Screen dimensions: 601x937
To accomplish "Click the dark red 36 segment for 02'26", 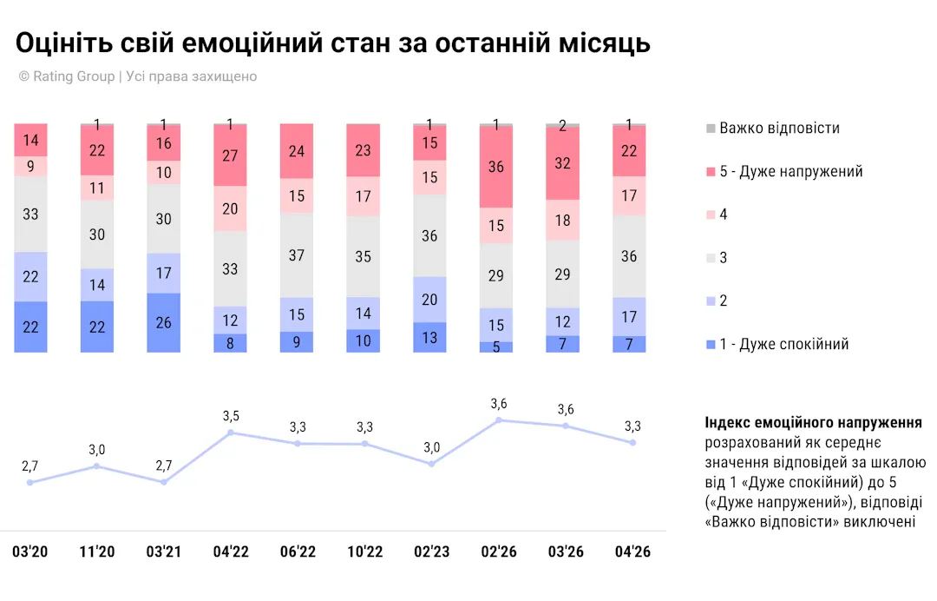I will click(496, 167).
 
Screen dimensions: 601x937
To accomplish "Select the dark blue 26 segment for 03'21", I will click(164, 322).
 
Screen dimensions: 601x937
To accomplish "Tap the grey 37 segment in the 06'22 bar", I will click(297, 254).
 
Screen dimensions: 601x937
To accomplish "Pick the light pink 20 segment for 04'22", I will click(230, 208).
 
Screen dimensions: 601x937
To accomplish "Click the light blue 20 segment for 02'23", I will click(429, 299).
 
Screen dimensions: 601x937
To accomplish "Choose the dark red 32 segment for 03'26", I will click(562, 163).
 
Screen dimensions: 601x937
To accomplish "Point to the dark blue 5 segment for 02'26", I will click(496, 347).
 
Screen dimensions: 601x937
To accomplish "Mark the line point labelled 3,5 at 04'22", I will click(231, 432).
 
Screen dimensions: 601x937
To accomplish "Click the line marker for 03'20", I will click(30, 482).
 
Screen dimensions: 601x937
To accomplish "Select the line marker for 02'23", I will click(431, 464).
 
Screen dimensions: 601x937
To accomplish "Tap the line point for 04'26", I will click(632, 442).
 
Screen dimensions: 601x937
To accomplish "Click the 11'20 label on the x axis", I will click(97, 552).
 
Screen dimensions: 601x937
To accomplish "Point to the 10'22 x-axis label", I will click(364, 552).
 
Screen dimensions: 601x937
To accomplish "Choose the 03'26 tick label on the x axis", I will click(565, 552).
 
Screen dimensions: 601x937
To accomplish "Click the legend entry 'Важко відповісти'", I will click(779, 129).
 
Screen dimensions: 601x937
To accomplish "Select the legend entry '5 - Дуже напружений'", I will click(790, 171).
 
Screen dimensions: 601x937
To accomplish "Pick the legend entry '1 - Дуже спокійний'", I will click(783, 344).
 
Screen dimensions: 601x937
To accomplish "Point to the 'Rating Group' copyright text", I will click(74, 76).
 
